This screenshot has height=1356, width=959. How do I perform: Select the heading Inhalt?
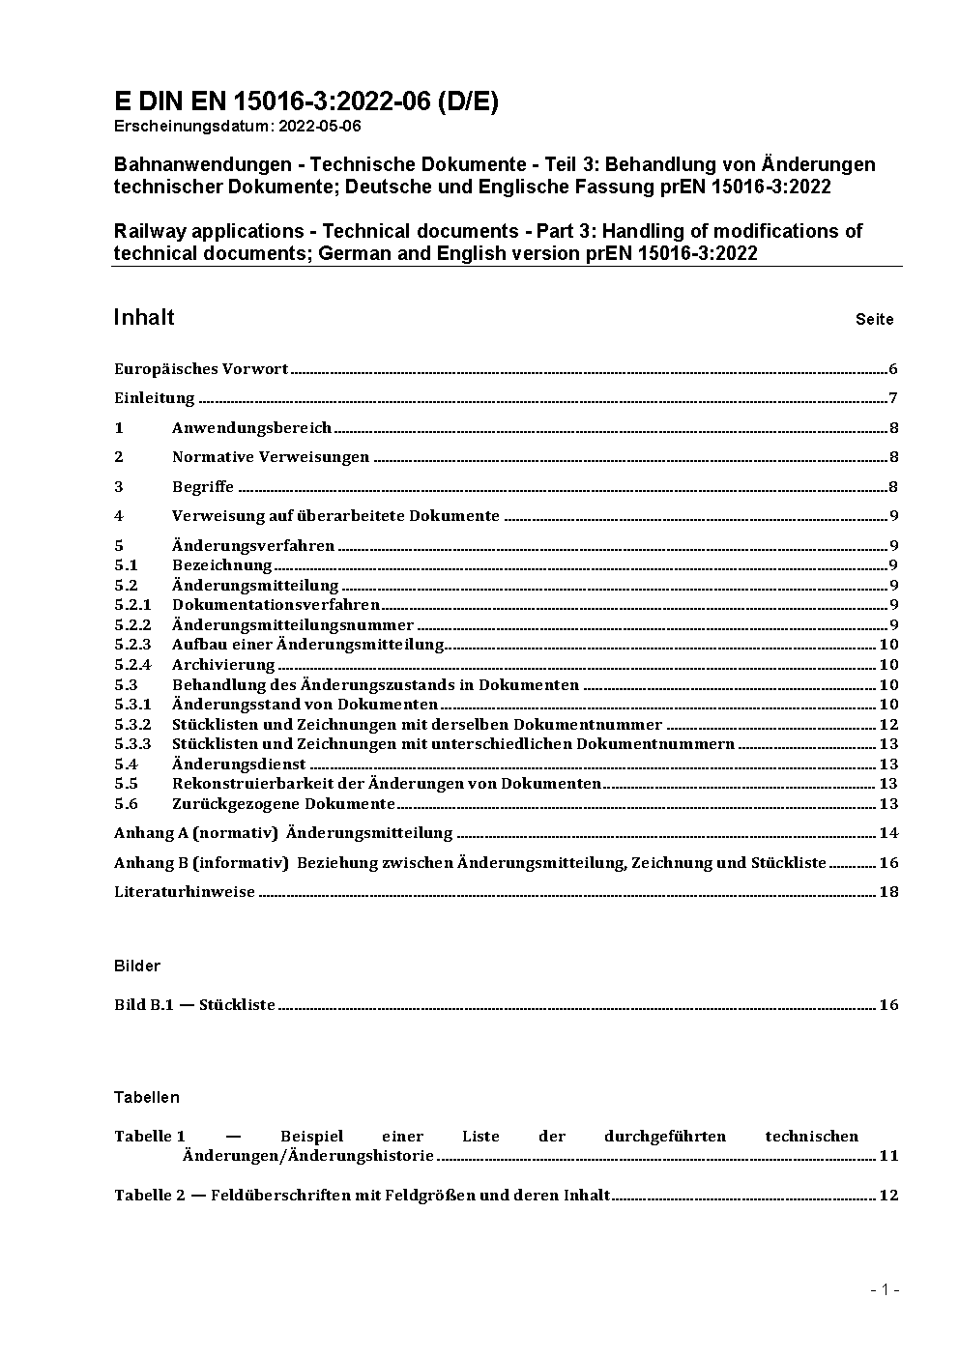(x=144, y=317)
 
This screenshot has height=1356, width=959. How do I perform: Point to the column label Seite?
(x=874, y=319)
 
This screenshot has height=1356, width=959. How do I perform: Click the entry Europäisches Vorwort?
(x=201, y=369)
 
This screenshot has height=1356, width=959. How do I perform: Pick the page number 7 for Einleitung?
(x=893, y=398)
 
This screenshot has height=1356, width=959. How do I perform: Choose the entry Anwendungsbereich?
(x=251, y=428)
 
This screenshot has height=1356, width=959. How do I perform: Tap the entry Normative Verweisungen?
(x=271, y=457)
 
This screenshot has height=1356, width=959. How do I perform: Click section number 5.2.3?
(x=132, y=645)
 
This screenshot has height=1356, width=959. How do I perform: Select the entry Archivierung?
(x=223, y=665)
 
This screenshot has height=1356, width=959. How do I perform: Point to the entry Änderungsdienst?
(x=239, y=765)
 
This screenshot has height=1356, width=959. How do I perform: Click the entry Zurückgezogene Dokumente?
(x=283, y=804)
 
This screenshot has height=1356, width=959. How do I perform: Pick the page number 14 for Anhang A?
(x=888, y=833)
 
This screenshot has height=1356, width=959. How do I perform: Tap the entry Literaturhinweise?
(x=185, y=892)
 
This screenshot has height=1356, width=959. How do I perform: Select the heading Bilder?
(x=137, y=966)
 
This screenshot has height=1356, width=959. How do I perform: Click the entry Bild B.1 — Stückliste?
(x=194, y=1005)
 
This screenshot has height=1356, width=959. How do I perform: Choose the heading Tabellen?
(x=147, y=1097)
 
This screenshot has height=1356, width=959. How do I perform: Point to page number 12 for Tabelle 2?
(x=888, y=1196)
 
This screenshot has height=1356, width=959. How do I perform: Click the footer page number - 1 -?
(x=885, y=1289)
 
